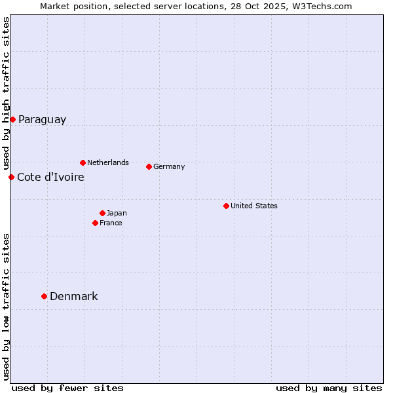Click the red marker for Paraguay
(12, 119)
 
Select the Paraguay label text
(42, 120)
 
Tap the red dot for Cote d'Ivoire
(11, 177)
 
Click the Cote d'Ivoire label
(50, 178)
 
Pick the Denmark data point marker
(44, 296)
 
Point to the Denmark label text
(73, 297)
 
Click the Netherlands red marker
(83, 162)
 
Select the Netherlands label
(107, 162)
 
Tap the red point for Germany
(149, 166)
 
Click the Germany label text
(169, 166)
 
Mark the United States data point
(226, 206)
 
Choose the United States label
(253, 206)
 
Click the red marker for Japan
(102, 213)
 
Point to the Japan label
(117, 213)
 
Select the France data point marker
(95, 223)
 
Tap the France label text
(111, 223)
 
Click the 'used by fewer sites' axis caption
(67, 388)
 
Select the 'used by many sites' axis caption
(329, 388)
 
